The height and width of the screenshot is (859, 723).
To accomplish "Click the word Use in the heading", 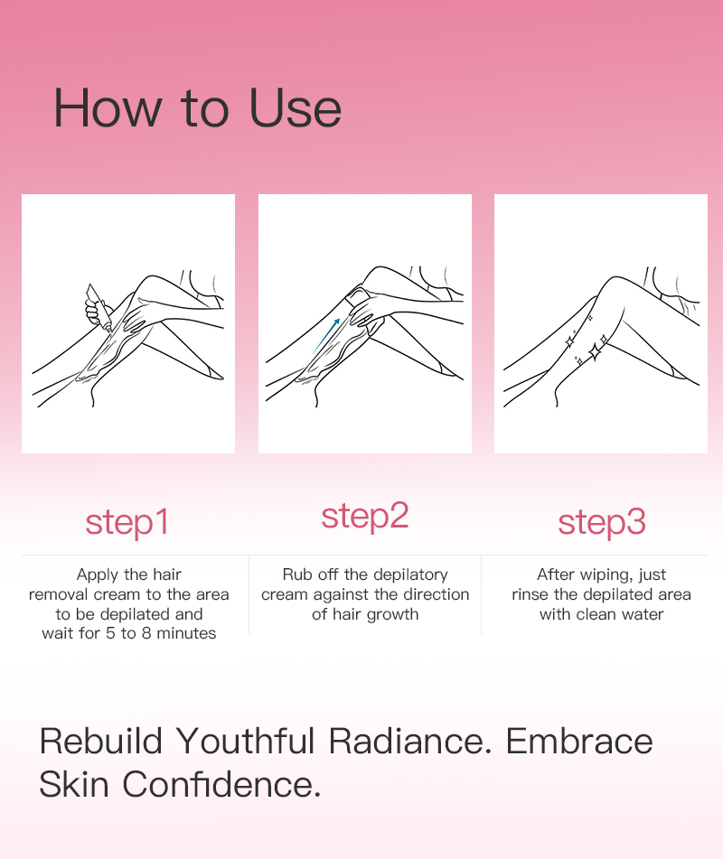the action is pos(296,107).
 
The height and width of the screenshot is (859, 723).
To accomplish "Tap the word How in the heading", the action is pos(108,107).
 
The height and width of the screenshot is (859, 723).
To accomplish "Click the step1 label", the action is pos(127,523).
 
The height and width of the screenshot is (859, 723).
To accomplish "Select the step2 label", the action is pos(365,517).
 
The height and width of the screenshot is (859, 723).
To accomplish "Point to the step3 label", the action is pos(602,523).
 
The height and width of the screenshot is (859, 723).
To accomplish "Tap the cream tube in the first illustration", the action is pos(99,307).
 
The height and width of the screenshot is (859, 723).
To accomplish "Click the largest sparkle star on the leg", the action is pos(594,351).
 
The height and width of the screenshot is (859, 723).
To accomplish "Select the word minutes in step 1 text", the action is pos(186,633).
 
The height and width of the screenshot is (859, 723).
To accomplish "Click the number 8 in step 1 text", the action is pos(146,633).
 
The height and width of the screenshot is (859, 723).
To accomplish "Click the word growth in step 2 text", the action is pos(392,614).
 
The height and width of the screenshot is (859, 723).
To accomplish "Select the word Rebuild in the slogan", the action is pos(101,742).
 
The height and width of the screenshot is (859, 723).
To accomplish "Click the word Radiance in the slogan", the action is pos(410,742).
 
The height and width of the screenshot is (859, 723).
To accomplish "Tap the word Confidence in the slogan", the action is pos(221,784).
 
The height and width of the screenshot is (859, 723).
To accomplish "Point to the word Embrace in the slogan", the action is pos(579,742).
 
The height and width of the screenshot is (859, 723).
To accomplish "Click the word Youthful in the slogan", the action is pos(246,742).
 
